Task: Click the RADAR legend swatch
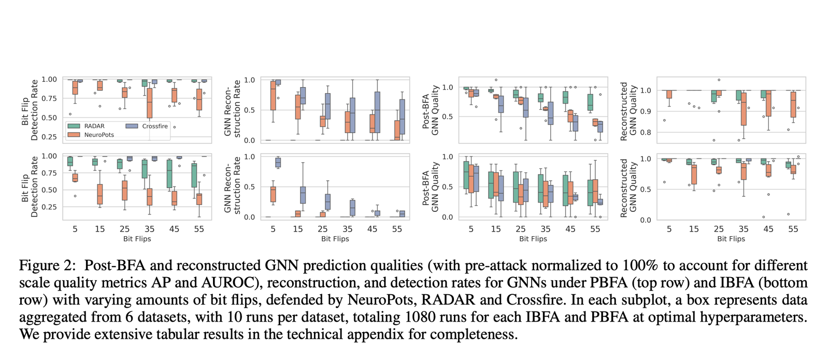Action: point(74,126)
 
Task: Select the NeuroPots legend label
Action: point(98,135)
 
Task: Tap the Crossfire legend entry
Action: point(155,126)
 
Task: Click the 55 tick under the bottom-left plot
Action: point(199,229)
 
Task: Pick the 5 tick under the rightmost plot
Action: point(669,229)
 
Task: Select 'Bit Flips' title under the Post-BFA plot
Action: point(533,239)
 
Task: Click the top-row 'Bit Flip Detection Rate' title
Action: point(30,110)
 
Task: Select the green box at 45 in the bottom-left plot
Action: point(169,174)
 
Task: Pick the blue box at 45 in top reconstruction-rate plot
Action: point(377,112)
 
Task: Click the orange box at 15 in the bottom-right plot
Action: point(694,175)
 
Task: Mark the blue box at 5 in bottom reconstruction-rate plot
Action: point(278,162)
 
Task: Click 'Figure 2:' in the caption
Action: point(48,266)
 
